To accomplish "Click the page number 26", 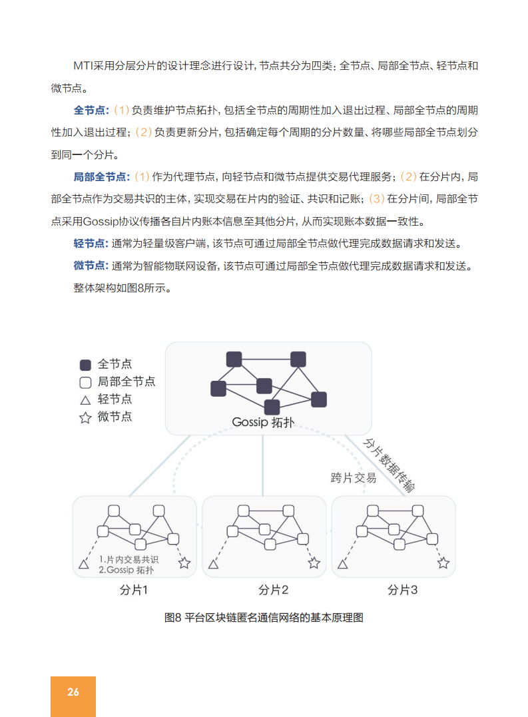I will [73, 692].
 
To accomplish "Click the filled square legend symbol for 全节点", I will [85, 365].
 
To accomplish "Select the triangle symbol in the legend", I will [85, 400].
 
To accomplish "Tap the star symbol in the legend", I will [85, 418].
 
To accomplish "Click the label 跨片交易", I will [354, 478].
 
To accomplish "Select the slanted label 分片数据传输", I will [389, 465].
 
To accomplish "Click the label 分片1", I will [134, 590].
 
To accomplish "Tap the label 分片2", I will [274, 590].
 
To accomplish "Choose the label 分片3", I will [403, 590].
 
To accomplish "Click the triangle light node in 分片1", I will [84, 565].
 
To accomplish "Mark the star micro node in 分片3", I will [443, 564].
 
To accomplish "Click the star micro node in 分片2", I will [314, 564].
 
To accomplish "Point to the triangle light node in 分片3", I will [343, 565].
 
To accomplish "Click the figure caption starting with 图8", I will [264, 617].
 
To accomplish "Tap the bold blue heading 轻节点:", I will [91, 243].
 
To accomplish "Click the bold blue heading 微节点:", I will [91, 266].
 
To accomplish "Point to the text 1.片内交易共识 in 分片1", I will [126, 559].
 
